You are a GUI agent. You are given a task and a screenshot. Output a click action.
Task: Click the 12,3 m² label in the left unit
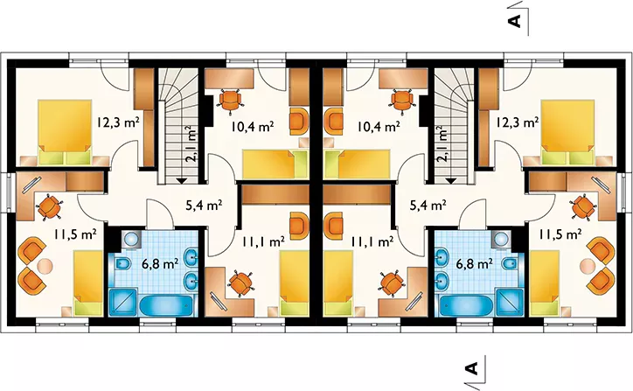pyautogui.click(x=118, y=122)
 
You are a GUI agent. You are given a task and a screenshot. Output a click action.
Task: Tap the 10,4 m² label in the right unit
pyautogui.click(x=379, y=127)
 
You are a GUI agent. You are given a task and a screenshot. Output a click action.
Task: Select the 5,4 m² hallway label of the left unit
pyautogui.click(x=204, y=206)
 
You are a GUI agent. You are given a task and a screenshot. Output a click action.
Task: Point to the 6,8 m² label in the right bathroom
pyautogui.click(x=474, y=264)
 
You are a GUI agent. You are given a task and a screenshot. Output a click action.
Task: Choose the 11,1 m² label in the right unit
pyautogui.click(x=372, y=242)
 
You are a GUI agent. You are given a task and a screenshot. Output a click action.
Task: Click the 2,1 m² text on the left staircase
pyautogui.click(x=191, y=143)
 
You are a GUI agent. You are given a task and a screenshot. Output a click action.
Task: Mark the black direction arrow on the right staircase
pyautogui.click(x=450, y=181)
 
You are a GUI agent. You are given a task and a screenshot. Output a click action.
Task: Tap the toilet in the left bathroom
pyautogui.click(x=122, y=264)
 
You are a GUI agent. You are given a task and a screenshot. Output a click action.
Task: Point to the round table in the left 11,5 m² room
pyautogui.click(x=45, y=266)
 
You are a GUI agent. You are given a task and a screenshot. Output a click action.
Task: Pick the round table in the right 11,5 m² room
pyautogui.click(x=588, y=266)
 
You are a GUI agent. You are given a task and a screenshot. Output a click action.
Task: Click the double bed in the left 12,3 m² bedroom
pyautogui.click(x=65, y=132)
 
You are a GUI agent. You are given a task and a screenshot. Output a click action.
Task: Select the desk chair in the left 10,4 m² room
pyautogui.click(x=231, y=100)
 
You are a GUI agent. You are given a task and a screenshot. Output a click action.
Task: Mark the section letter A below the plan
pyautogui.click(x=471, y=367)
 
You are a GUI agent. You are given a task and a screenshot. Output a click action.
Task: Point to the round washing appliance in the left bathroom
pyautogui.click(x=130, y=238)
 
